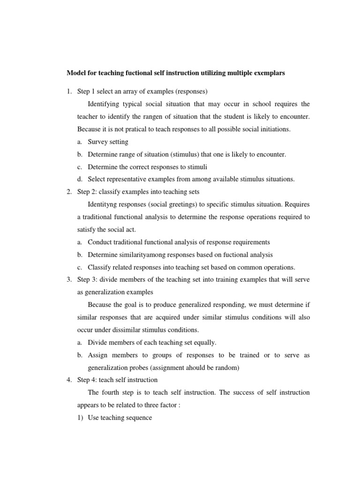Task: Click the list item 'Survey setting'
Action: (x=108, y=141)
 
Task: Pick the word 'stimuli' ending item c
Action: (x=197, y=166)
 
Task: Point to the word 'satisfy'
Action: (x=86, y=230)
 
